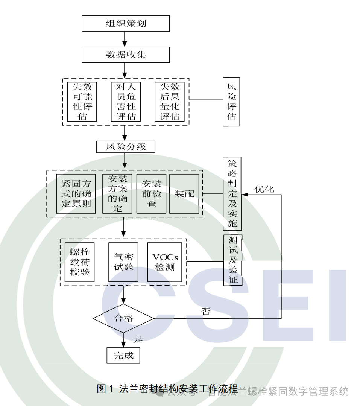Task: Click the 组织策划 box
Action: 126,24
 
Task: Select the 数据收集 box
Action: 126,55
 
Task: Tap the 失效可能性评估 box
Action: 82,102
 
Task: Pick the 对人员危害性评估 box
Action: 126,102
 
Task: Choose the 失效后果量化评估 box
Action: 170,102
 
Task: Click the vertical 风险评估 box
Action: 231,102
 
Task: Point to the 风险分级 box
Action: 126,146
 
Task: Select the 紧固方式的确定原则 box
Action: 76,194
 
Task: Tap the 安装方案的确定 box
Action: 118,194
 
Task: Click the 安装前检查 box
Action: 152,194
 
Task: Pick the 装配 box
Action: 184,194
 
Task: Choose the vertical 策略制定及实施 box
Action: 232,194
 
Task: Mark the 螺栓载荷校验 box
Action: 80,262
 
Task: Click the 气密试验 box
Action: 123,262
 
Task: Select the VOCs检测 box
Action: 165,262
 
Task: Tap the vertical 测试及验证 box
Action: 233,260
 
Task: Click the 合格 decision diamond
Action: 123,318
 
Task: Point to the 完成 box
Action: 123,355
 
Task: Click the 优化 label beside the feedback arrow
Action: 264,189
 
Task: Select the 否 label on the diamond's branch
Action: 206,312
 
